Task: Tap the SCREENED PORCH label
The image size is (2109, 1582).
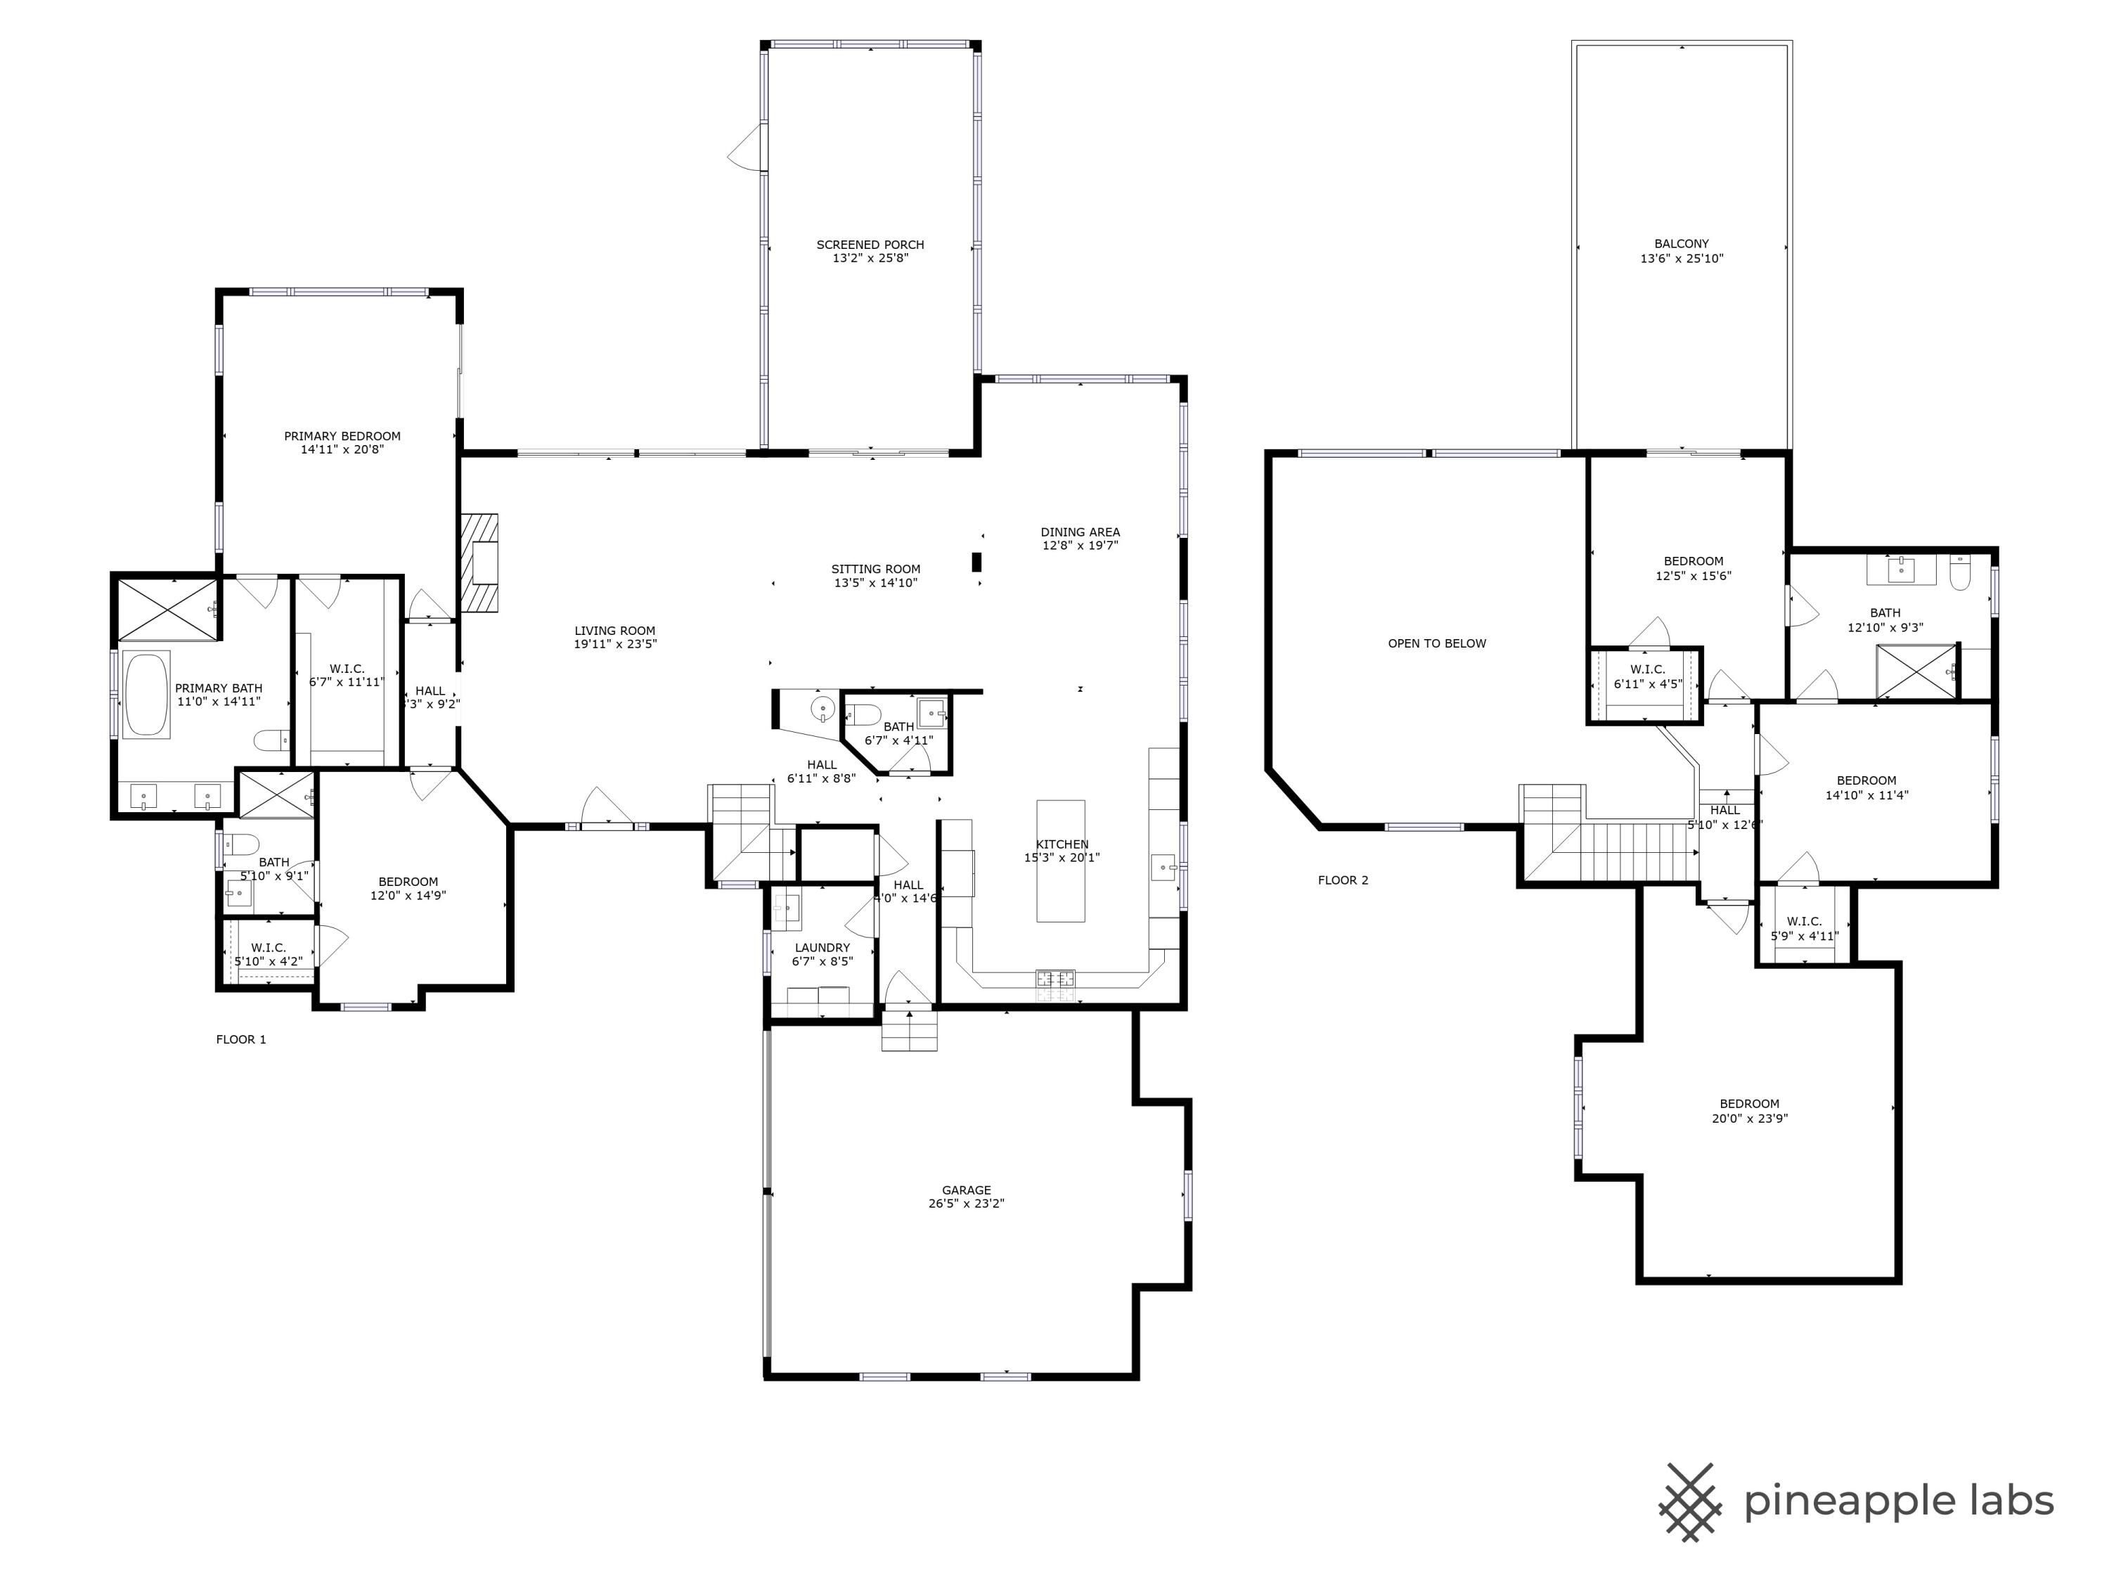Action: click(870, 244)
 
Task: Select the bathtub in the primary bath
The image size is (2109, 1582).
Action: click(146, 693)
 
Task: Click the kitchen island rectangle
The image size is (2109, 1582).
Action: click(1060, 861)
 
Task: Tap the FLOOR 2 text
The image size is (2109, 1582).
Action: click(1343, 880)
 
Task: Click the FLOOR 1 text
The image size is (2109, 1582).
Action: click(241, 1039)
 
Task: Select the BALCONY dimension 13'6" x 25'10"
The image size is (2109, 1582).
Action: click(1681, 259)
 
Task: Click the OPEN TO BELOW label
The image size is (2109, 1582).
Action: click(1436, 643)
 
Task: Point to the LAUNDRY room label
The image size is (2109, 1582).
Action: click(822, 948)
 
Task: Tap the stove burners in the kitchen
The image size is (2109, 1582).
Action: click(1055, 979)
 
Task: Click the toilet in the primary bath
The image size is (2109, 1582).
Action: click(272, 739)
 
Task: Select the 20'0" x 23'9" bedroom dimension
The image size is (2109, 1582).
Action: click(1748, 1119)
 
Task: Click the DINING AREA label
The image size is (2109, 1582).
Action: click(1079, 532)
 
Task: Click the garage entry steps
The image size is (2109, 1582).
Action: click(908, 1031)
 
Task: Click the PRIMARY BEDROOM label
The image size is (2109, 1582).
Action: click(342, 436)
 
